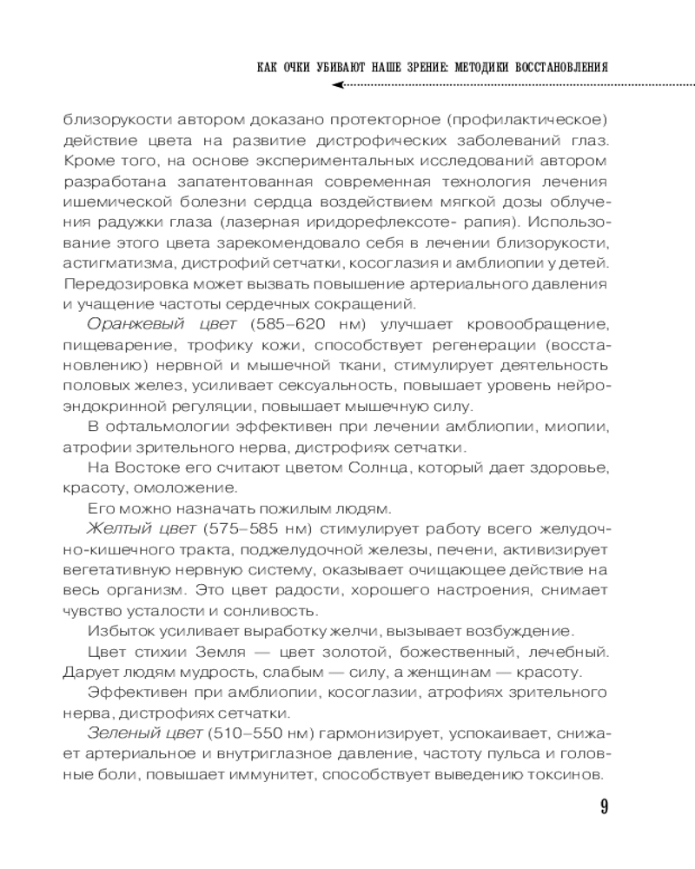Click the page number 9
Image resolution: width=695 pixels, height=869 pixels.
click(603, 807)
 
